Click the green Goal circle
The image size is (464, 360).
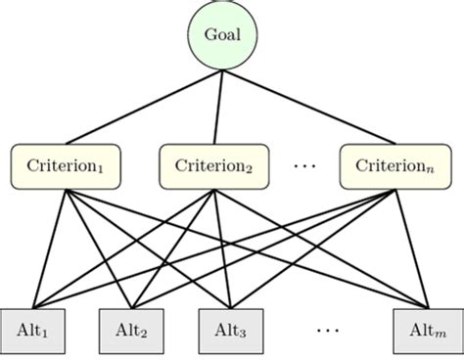(222, 35)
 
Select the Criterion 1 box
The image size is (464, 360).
(65, 166)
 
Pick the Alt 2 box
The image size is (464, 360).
(131, 330)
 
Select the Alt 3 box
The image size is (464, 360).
(232, 330)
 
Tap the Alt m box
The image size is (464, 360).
(424, 330)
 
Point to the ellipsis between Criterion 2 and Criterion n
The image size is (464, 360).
(305, 167)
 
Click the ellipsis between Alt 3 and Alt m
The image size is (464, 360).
(327, 331)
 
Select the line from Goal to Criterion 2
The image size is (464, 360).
(217, 108)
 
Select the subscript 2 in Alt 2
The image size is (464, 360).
(145, 334)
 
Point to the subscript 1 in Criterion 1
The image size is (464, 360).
(102, 169)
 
